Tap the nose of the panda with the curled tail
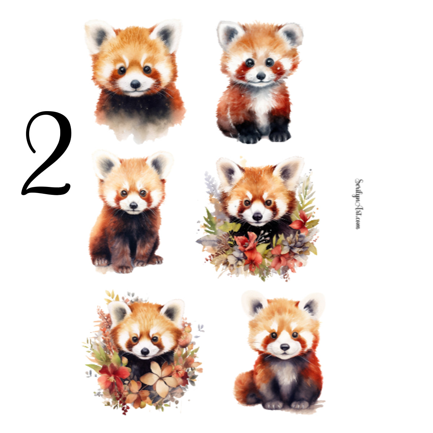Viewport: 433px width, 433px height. (x=285, y=347)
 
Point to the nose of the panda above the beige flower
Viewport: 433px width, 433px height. (x=145, y=351)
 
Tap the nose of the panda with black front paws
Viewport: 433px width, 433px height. (x=261, y=76)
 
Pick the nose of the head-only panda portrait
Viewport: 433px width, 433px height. (x=135, y=84)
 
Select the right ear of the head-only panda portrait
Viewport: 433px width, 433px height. (x=167, y=34)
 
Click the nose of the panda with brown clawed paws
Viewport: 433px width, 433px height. (x=134, y=205)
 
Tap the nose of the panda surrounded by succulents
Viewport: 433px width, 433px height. (x=257, y=216)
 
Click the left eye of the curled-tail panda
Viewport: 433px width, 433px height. (x=274, y=335)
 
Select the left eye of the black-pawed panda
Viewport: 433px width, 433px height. (x=250, y=63)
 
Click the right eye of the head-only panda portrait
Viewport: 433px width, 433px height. (x=147, y=69)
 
